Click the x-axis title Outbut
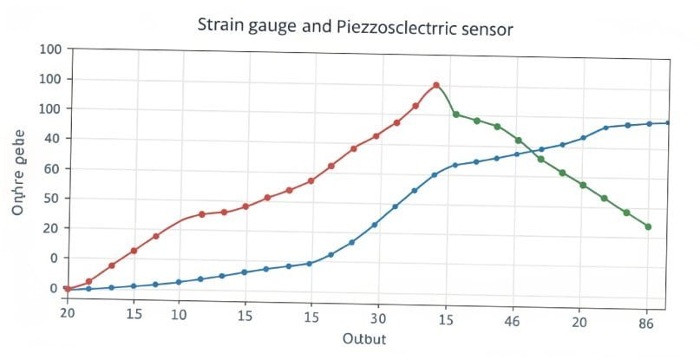coord(364,338)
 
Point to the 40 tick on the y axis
coord(50,139)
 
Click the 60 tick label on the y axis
coord(50,168)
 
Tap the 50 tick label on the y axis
coord(50,198)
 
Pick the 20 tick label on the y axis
coord(50,228)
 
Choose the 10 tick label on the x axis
coord(179,313)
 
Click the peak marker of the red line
coord(435,85)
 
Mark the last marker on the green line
coord(648,227)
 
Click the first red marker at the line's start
coord(67,289)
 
